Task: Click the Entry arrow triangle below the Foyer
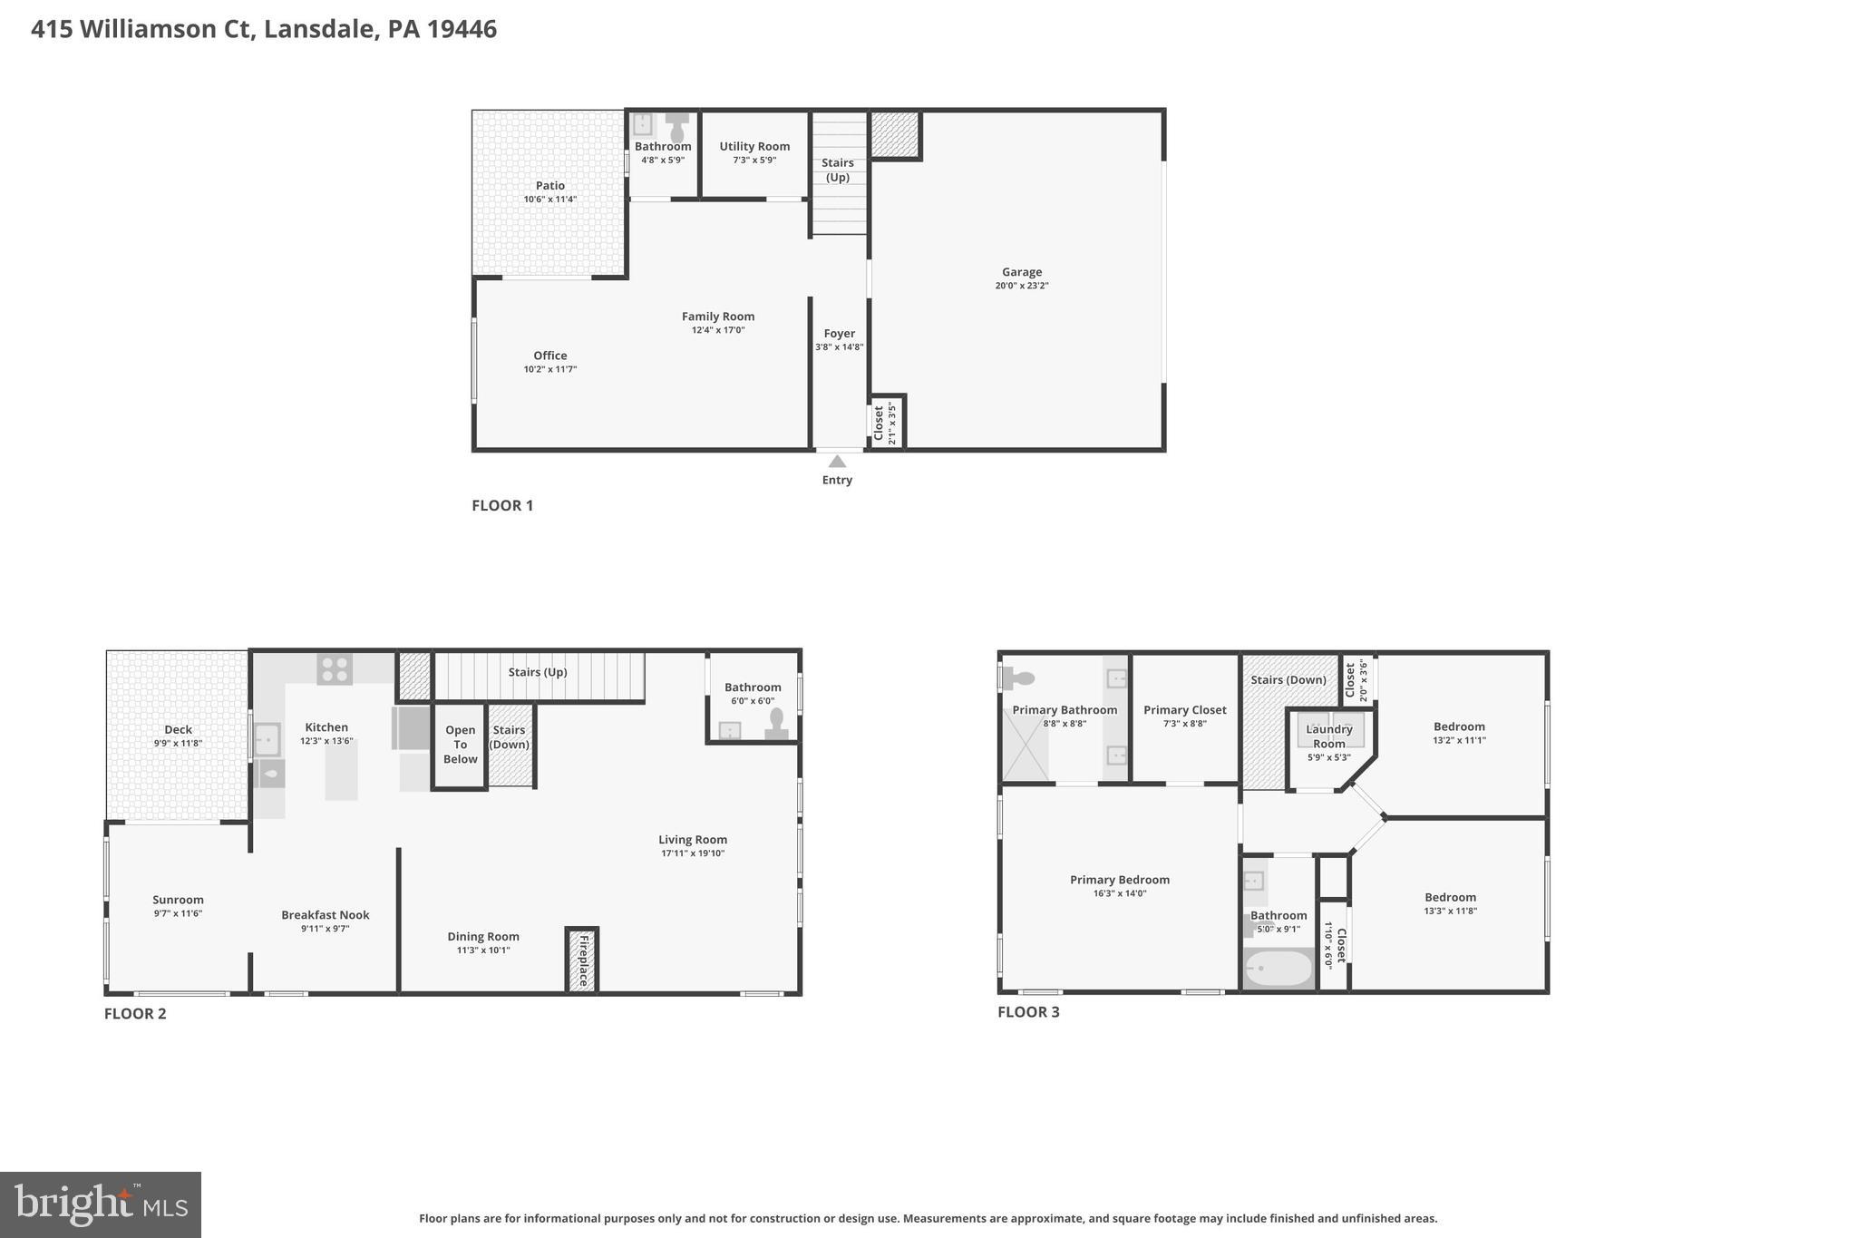[837, 462]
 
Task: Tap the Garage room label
[1021, 272]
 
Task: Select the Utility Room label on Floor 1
[754, 146]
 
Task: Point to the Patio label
[549, 186]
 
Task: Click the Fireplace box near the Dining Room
[582, 960]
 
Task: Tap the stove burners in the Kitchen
[335, 669]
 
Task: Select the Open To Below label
[460, 745]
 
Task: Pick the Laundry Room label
[1328, 736]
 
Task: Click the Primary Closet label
[1184, 710]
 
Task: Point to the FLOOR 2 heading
[135, 1014]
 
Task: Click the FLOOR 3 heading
[1028, 1012]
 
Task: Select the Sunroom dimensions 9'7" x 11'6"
[178, 913]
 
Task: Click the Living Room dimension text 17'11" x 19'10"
[692, 853]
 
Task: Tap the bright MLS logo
[101, 1204]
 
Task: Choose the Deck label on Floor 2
[178, 729]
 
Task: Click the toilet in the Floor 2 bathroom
[776, 723]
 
